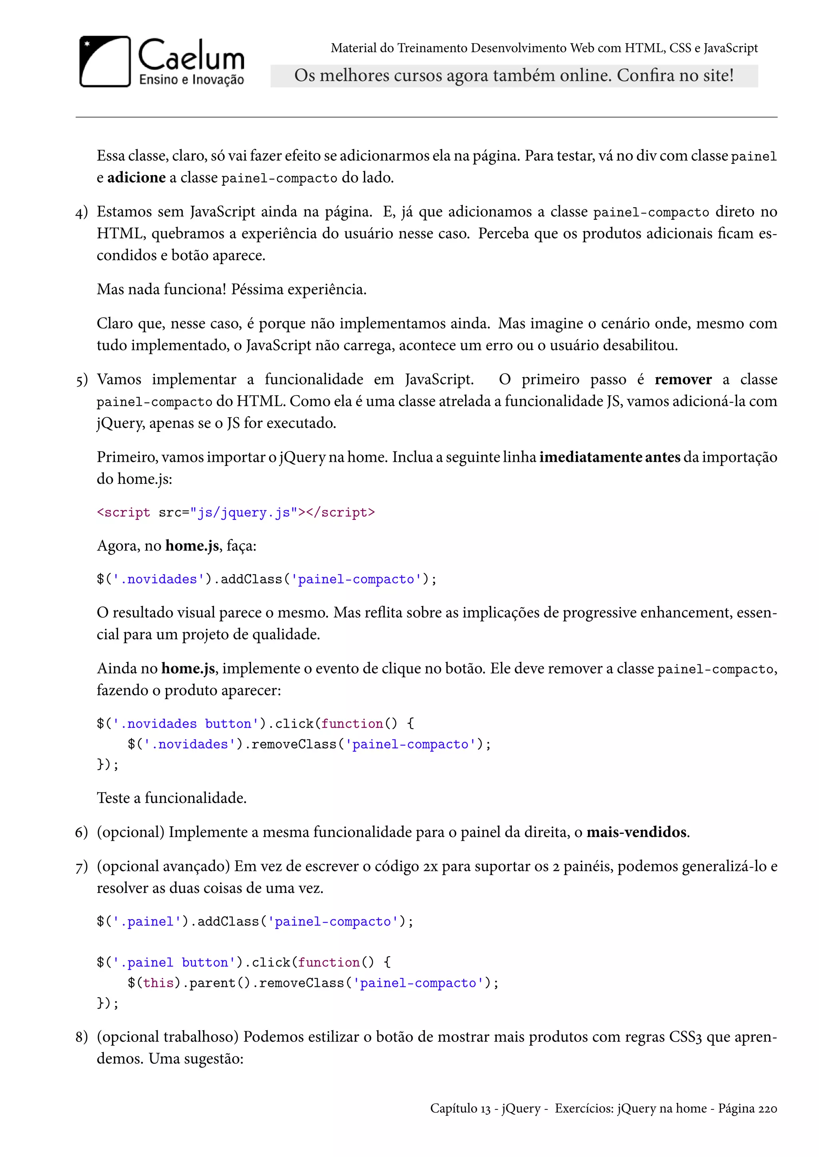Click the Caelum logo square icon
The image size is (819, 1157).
[x=105, y=61]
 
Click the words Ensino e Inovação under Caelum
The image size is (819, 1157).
[x=191, y=80]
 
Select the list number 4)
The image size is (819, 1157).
[x=81, y=213]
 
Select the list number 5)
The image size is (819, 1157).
[x=81, y=380]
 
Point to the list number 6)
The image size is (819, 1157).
[x=81, y=833]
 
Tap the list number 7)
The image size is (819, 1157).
[x=81, y=867]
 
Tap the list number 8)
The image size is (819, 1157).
[x=81, y=1037]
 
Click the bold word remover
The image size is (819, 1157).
[x=683, y=379]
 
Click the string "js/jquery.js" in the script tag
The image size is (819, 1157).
[x=244, y=513]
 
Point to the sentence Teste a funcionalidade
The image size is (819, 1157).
[x=172, y=798]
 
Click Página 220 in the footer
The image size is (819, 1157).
[x=747, y=1109]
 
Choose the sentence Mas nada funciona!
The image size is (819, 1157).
[x=162, y=289]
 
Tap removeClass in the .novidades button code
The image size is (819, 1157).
[x=294, y=744]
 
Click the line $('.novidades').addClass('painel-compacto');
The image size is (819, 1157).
[x=266, y=580]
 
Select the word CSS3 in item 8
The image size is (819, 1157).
[x=685, y=1037]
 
